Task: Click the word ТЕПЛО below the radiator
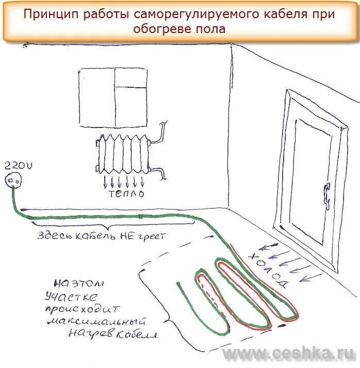click(126, 194)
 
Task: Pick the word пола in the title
click(212, 29)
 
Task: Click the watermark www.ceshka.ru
click(289, 354)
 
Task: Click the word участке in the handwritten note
click(72, 296)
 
